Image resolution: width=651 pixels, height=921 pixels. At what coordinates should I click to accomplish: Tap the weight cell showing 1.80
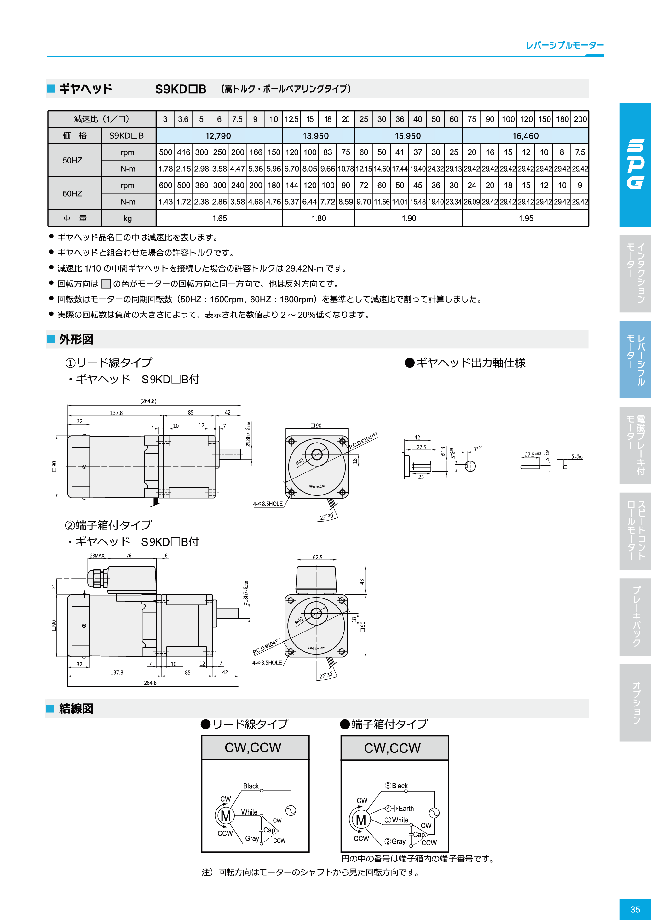[x=319, y=218]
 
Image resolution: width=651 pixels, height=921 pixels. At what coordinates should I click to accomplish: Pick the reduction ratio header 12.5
[x=291, y=119]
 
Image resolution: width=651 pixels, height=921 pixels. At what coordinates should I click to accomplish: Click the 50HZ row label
[x=72, y=160]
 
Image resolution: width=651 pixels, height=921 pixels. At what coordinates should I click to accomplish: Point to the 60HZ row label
[x=72, y=193]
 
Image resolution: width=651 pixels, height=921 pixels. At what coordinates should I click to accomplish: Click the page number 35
[x=635, y=909]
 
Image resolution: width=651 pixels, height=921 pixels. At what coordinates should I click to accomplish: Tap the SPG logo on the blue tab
[x=635, y=164]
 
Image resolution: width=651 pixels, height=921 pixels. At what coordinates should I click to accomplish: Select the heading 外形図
[x=76, y=339]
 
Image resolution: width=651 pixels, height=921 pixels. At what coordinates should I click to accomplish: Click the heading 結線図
[x=76, y=708]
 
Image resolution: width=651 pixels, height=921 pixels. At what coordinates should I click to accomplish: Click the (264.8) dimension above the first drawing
[x=148, y=401]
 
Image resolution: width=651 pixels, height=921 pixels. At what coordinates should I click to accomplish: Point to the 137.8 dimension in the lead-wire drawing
[x=116, y=413]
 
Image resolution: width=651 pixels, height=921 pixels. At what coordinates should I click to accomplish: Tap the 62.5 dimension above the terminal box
[x=318, y=557]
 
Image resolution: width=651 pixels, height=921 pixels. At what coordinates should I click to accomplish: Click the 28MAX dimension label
[x=97, y=556]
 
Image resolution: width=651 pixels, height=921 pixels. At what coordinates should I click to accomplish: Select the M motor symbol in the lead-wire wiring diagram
[x=226, y=815]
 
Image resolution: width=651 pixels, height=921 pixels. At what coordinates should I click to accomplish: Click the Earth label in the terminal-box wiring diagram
[x=406, y=808]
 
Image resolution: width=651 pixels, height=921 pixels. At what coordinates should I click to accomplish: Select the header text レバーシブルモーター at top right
[x=564, y=45]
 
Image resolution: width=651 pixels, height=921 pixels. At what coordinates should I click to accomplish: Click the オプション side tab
[x=635, y=702]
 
